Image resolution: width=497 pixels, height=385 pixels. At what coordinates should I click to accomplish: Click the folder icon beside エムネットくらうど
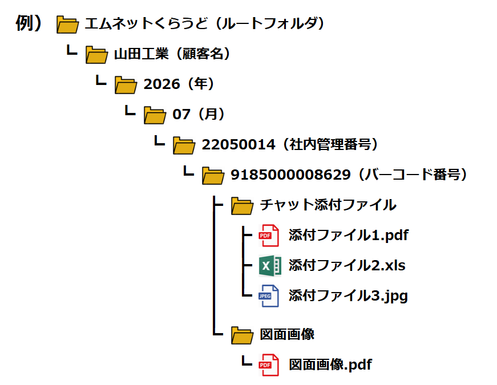point(67,25)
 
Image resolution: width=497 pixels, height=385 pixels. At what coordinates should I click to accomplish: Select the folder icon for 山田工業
point(96,55)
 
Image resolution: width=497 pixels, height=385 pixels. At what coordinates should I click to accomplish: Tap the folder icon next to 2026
point(126,85)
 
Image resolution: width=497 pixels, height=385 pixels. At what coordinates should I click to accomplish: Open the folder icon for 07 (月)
point(155,115)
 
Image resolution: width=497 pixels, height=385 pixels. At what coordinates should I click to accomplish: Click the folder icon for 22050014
point(184,145)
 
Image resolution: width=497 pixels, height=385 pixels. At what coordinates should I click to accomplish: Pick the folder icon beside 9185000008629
point(213,176)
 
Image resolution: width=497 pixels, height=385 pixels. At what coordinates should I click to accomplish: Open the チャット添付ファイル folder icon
point(243,206)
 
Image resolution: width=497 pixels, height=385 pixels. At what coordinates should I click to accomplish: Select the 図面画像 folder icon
point(243,335)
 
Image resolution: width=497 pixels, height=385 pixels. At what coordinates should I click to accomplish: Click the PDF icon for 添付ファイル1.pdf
point(269,236)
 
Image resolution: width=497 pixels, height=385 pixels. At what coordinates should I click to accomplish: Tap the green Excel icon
point(270,266)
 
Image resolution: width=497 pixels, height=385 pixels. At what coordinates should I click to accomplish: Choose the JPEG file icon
point(269,296)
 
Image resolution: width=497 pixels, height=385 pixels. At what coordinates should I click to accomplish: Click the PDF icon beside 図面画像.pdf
point(269,365)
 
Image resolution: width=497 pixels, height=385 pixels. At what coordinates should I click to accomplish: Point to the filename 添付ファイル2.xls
point(347,266)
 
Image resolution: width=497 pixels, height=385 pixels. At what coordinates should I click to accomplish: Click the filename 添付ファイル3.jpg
point(348,296)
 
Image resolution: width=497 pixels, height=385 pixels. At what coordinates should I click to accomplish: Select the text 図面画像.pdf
point(330,365)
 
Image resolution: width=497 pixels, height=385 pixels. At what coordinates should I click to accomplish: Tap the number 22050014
point(239,145)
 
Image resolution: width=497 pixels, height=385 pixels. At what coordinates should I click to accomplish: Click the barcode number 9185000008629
point(290,175)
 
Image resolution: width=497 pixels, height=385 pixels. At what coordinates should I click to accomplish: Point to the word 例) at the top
point(29,23)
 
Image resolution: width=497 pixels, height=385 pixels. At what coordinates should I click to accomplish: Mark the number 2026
point(162,84)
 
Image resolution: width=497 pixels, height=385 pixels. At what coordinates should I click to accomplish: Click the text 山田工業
point(142,54)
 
